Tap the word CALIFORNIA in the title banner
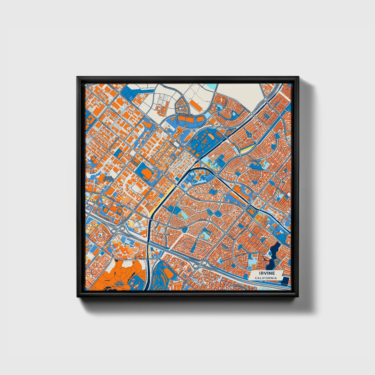click(x=265, y=278)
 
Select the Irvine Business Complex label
click(x=108, y=179)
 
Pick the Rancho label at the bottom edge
click(x=164, y=289)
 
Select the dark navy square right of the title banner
click(x=285, y=281)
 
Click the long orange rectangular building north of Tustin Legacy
click(x=196, y=104)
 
